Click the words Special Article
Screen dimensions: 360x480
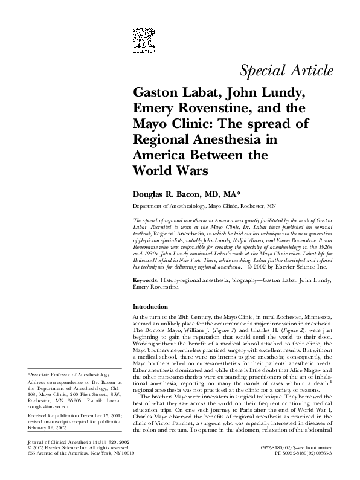286,71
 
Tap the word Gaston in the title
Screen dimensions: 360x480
158,94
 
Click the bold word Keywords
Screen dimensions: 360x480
146,282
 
